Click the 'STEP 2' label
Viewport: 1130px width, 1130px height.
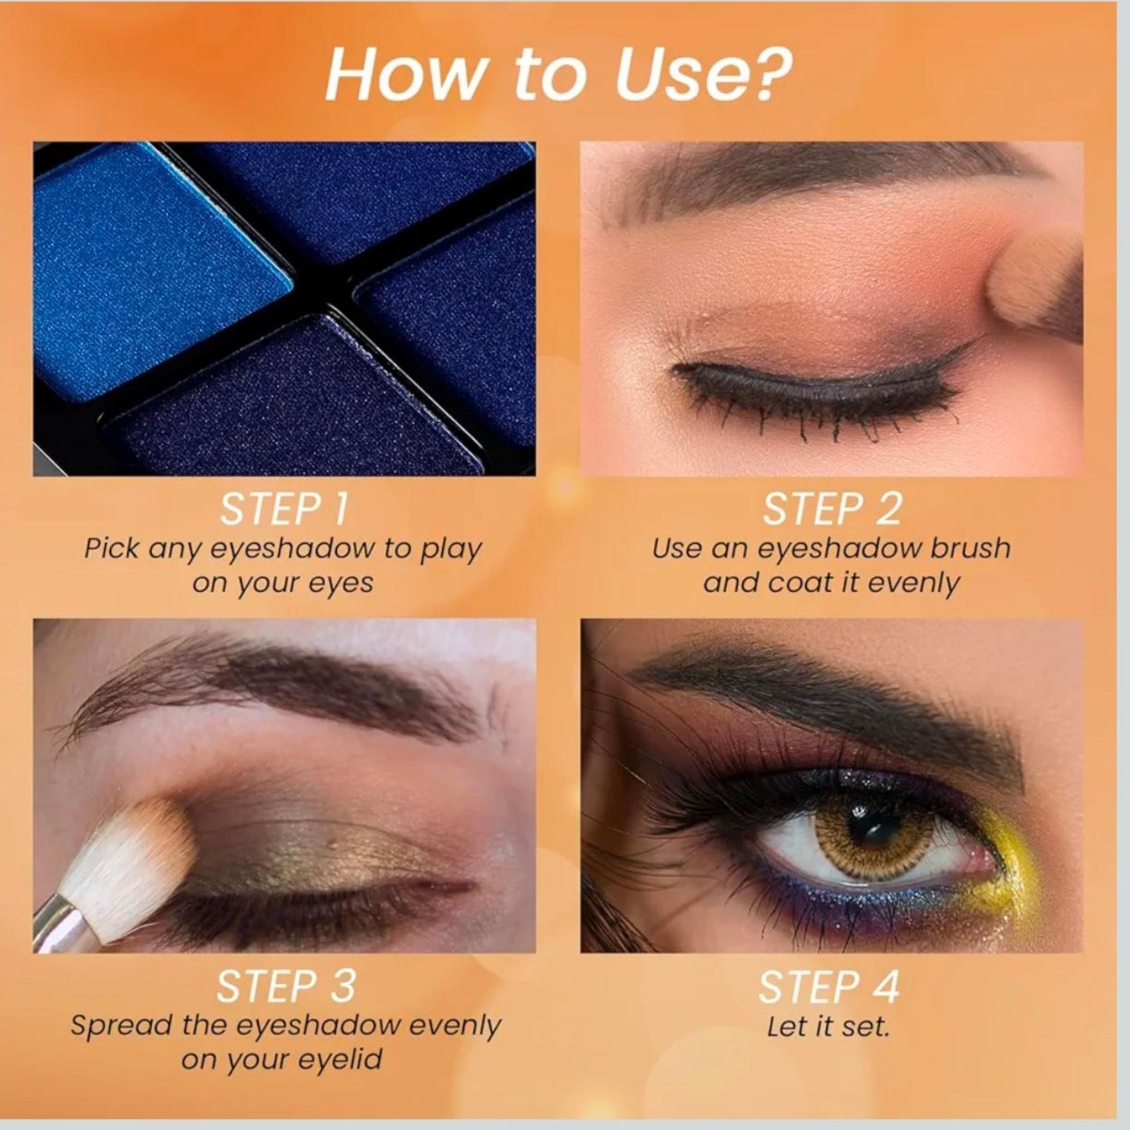(832, 509)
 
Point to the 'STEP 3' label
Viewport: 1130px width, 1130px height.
(286, 987)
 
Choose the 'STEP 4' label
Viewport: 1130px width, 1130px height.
(829, 987)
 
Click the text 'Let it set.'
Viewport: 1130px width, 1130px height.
(828, 1026)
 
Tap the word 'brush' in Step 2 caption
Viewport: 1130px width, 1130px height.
(970, 548)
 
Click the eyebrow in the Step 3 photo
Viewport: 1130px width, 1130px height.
(282, 689)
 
